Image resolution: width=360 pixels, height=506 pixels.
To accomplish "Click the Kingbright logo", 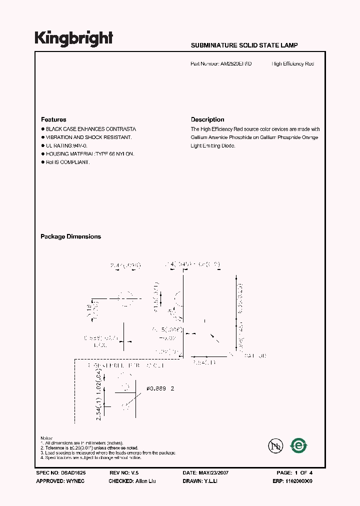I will pos(74,39).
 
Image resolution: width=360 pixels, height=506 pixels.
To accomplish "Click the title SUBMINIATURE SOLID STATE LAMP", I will pos(244,45).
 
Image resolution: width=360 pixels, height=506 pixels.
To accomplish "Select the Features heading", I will pos(53,119).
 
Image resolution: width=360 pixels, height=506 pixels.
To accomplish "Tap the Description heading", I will pos(207,119).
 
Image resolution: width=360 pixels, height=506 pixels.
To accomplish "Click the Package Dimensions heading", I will pos(70,236).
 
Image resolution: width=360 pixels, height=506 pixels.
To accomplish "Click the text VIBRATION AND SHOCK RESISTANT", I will pos(88,137).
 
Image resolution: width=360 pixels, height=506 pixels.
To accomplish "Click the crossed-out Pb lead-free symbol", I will pos(274,445).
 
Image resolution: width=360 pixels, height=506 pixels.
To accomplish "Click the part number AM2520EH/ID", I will pos(235,64).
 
